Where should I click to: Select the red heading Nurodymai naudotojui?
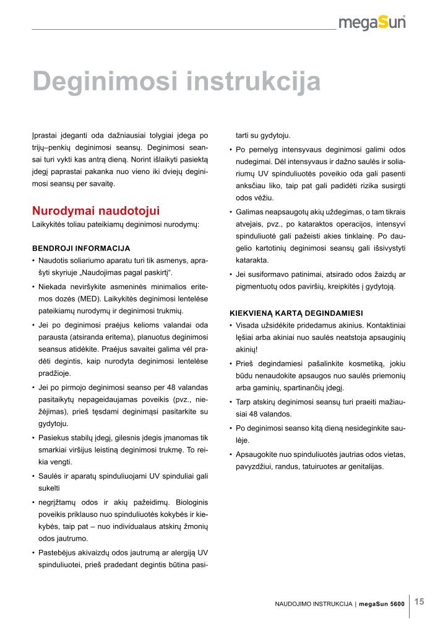click(x=96, y=211)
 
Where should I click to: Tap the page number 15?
click(x=420, y=601)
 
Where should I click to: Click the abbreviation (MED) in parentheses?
click(x=75, y=299)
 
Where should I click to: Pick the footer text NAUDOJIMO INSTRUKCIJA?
click(x=314, y=603)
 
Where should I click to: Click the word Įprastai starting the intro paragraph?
click(x=45, y=135)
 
